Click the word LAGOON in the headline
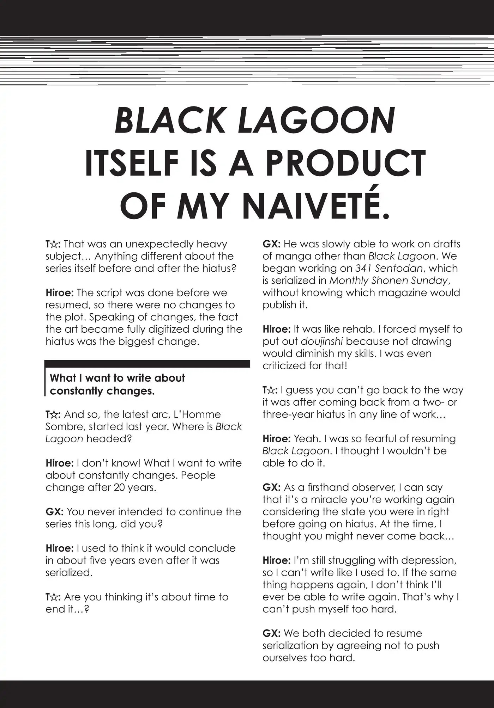click(x=317, y=121)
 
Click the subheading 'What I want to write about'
click(x=117, y=378)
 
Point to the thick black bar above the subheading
click(x=147, y=364)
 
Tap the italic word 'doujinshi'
click(x=322, y=341)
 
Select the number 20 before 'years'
click(x=120, y=487)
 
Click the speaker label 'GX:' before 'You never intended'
click(x=54, y=512)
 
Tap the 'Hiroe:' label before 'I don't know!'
click(x=60, y=463)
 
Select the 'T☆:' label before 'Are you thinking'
click(x=53, y=597)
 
